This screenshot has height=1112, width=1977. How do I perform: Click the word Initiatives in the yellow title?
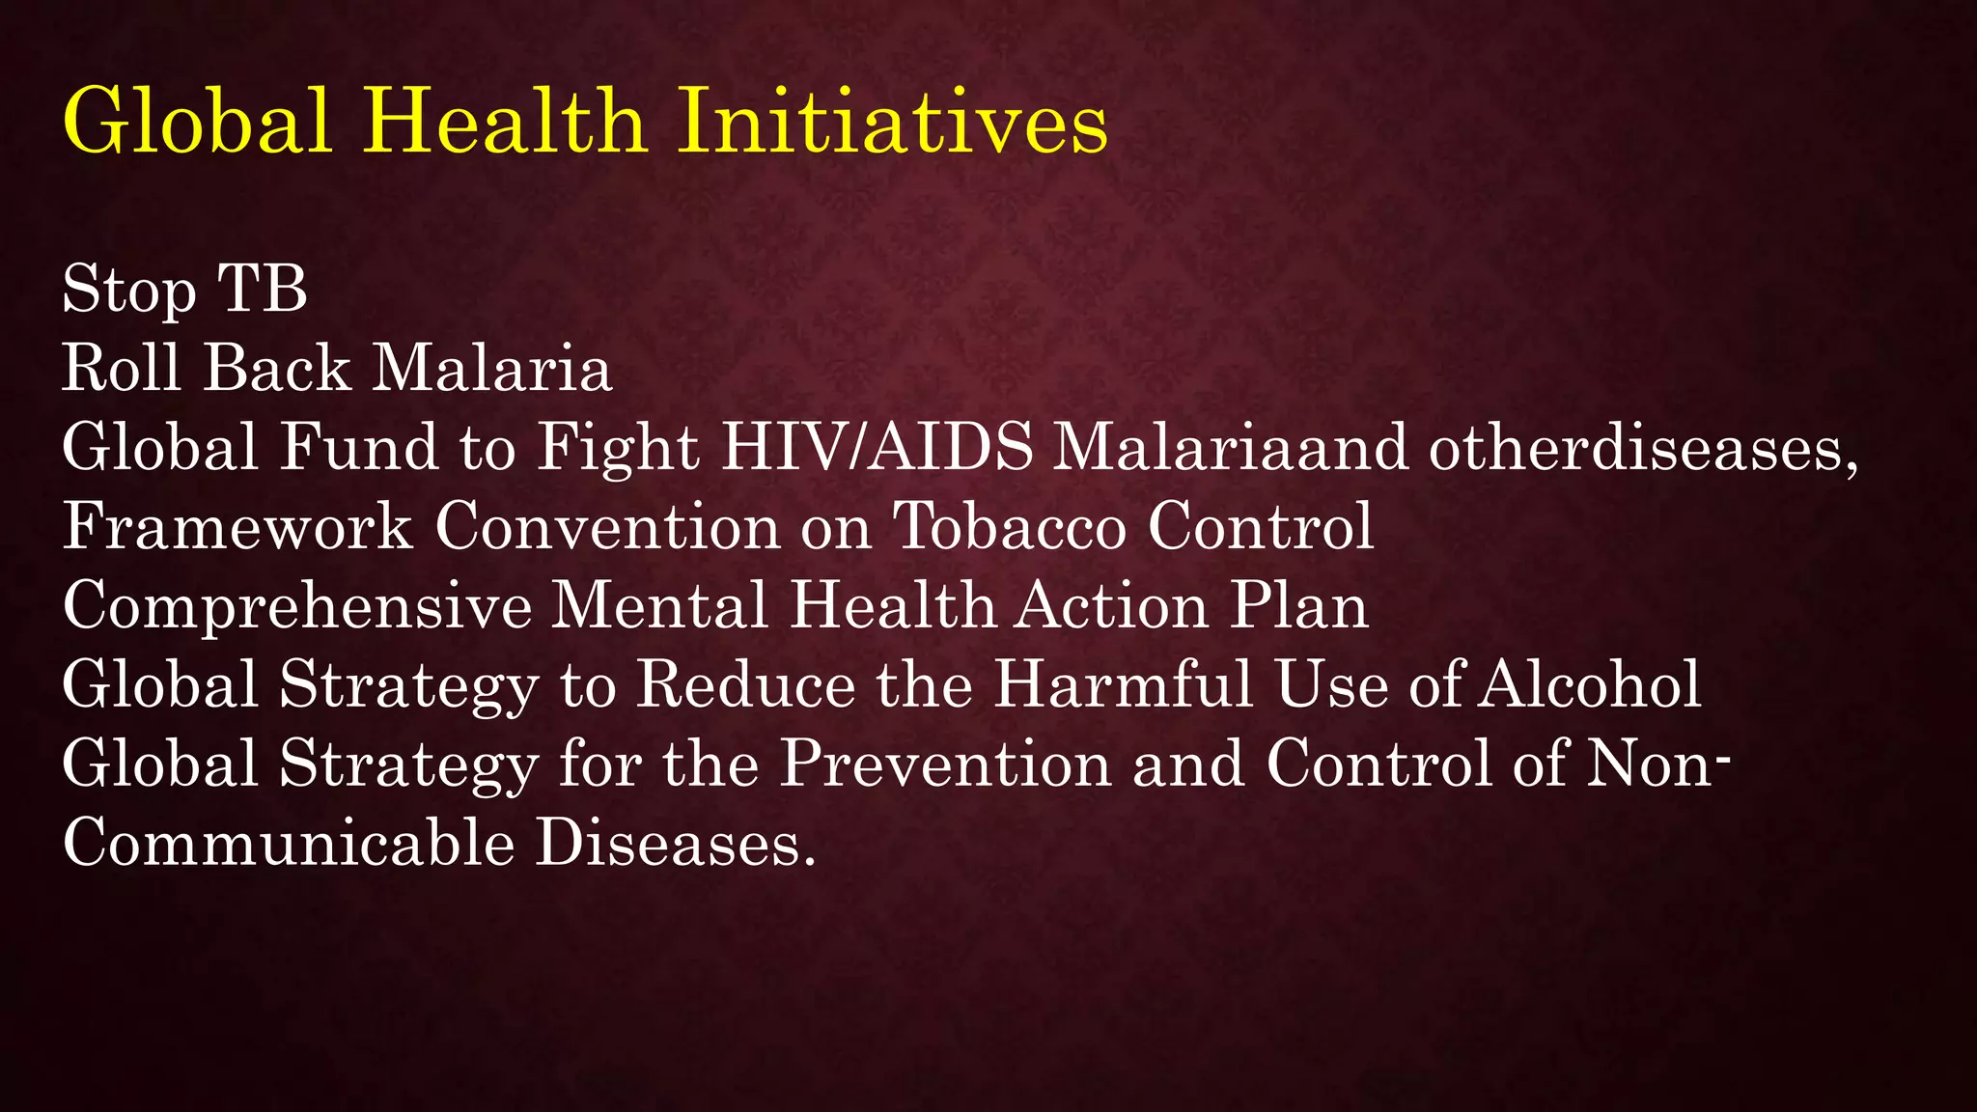tap(892, 123)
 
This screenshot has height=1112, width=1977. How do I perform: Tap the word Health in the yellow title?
tap(504, 123)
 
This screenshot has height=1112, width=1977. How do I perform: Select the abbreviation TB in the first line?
tap(262, 289)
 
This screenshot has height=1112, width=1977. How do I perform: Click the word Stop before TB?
tap(129, 291)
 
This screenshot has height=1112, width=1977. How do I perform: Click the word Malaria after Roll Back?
tap(492, 368)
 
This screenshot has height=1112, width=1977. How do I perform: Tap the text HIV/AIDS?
tap(877, 448)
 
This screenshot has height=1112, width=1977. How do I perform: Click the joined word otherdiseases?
tap(1641, 448)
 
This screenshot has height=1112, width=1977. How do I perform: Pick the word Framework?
tap(237, 527)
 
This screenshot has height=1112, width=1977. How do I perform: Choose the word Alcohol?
tap(1590, 685)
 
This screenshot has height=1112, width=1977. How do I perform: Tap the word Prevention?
tap(945, 764)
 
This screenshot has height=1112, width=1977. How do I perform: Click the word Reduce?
tap(746, 685)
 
